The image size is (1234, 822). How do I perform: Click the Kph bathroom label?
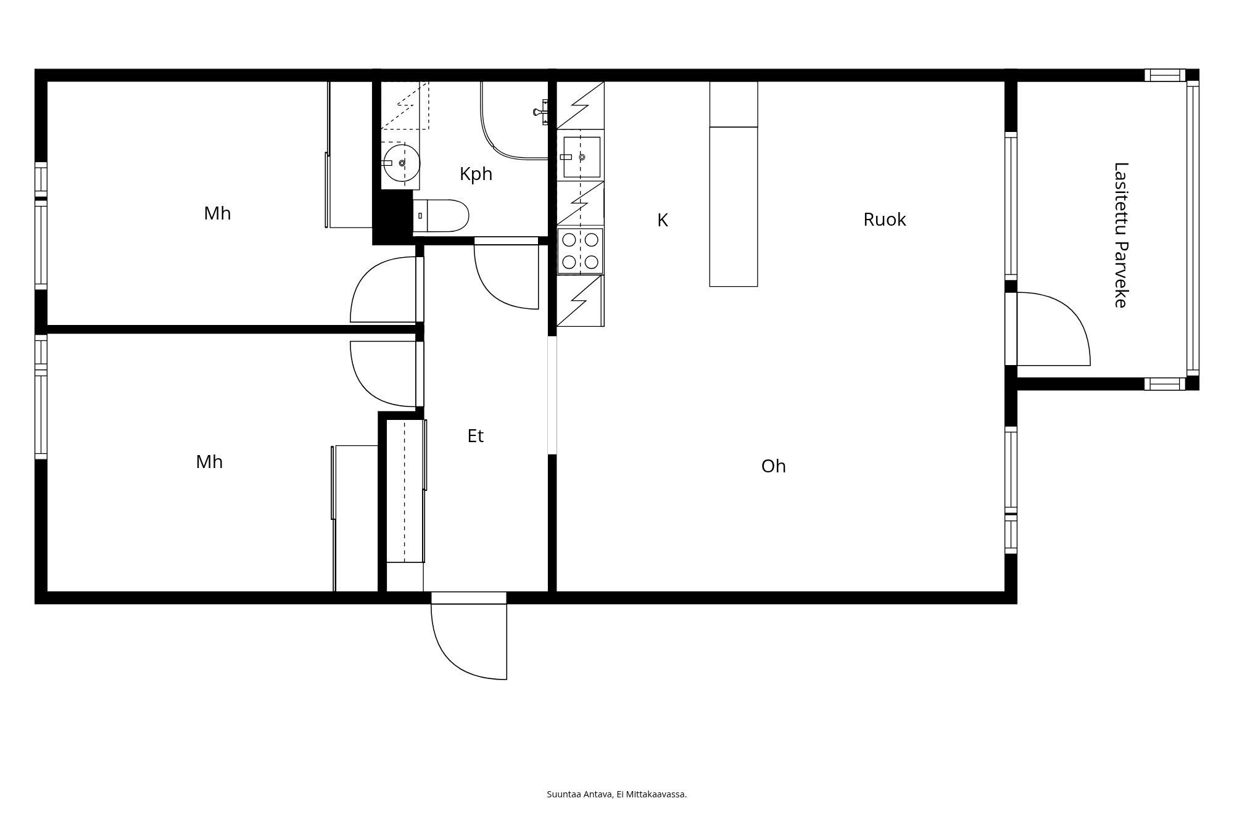click(476, 175)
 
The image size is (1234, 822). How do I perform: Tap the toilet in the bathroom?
click(441, 216)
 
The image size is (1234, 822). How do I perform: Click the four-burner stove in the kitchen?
click(580, 250)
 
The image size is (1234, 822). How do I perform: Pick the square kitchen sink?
click(581, 157)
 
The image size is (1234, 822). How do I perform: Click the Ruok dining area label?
click(884, 220)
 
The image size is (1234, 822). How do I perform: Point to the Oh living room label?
click(773, 466)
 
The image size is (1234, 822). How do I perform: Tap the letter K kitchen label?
click(662, 220)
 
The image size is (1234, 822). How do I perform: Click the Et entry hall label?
click(475, 436)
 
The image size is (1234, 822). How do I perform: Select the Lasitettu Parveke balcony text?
click(1120, 234)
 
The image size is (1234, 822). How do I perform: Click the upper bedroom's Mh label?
click(217, 213)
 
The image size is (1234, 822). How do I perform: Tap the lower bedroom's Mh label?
click(209, 462)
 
